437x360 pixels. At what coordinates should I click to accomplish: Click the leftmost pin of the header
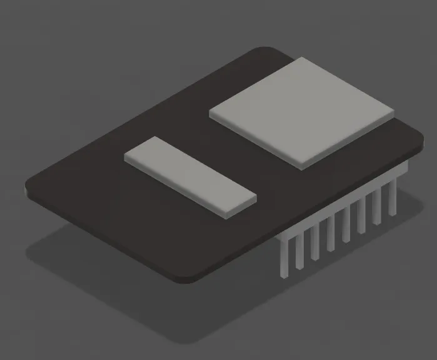coord(285,256)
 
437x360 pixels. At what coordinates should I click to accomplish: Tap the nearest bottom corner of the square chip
coord(301,167)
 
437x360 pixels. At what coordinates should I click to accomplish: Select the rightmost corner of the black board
coord(421,140)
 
